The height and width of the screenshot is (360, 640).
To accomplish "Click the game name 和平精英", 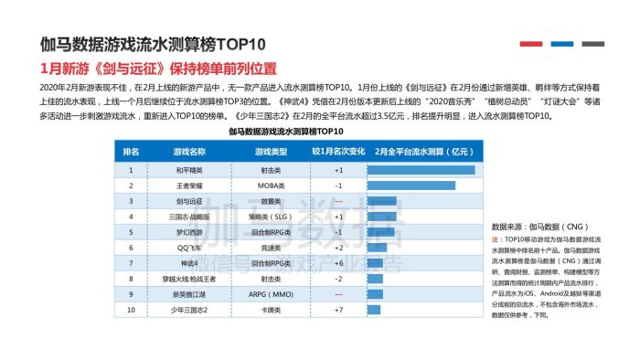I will [x=190, y=170].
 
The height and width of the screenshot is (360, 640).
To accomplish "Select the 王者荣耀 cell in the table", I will [x=190, y=185].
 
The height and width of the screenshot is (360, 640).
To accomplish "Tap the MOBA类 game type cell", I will [x=270, y=185].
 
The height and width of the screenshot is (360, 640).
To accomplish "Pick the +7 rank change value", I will [x=338, y=311].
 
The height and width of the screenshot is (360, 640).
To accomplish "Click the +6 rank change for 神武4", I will [x=338, y=263].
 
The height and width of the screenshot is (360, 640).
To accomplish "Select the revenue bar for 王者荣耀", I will [x=411, y=185].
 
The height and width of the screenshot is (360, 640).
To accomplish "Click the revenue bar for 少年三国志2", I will [x=370, y=311].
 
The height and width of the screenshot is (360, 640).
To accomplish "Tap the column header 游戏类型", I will [x=270, y=151].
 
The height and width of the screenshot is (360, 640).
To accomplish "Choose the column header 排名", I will [x=131, y=151].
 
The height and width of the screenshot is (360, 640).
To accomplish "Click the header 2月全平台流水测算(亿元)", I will [x=421, y=151].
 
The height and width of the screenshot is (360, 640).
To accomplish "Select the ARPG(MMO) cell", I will [x=270, y=295].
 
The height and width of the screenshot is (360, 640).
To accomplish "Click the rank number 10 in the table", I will [x=131, y=311].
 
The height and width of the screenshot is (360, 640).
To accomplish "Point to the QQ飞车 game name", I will [x=190, y=248].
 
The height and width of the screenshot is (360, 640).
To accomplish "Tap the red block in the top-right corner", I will [x=530, y=44].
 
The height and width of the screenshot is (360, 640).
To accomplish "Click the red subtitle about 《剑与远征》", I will [x=158, y=69].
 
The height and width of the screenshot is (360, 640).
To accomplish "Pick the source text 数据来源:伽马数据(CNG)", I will [x=533, y=226].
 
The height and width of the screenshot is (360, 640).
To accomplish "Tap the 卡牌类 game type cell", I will [x=270, y=311].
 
